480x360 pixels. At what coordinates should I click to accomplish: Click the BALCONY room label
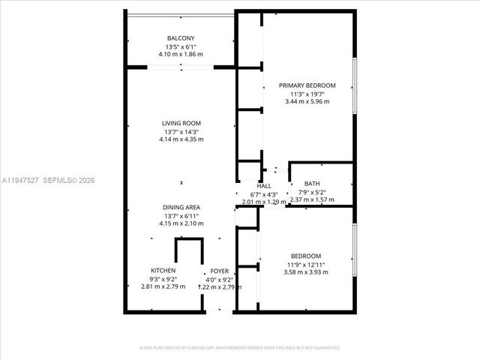[x=181, y=38]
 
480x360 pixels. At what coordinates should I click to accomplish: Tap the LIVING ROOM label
[x=181, y=123]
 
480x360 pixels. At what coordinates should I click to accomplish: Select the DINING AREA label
[x=181, y=207]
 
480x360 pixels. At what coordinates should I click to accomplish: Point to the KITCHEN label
[x=163, y=271]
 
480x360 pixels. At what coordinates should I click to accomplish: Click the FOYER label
[x=219, y=271]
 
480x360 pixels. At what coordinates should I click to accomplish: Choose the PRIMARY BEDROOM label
[x=307, y=85]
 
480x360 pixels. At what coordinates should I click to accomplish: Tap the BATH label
[x=311, y=184]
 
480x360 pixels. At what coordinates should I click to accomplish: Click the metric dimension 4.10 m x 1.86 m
[x=181, y=54]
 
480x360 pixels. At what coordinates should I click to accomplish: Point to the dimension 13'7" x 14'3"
[x=181, y=131]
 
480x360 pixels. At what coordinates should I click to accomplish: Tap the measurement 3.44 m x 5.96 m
[x=307, y=101]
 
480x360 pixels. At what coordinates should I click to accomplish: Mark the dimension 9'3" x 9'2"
[x=163, y=279]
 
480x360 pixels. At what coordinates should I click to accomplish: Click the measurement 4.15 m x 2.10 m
[x=181, y=223]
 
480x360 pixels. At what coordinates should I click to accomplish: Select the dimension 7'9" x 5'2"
[x=311, y=192]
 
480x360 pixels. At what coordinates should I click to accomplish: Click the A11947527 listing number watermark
[x=21, y=180]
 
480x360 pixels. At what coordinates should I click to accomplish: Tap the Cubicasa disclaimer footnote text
[x=239, y=348]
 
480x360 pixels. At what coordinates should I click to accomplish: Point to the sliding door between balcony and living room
[x=181, y=67]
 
